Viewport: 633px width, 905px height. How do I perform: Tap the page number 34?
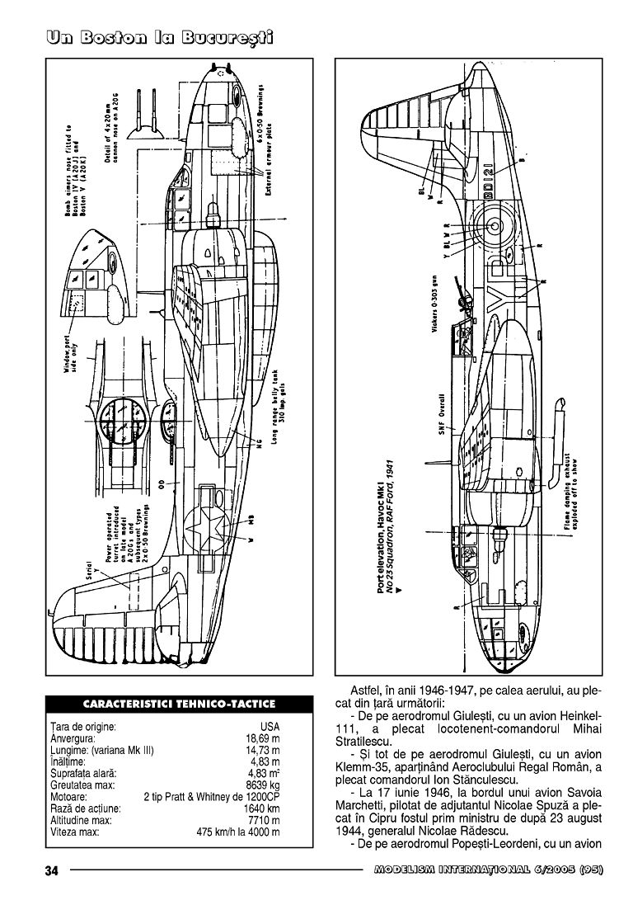(x=51, y=871)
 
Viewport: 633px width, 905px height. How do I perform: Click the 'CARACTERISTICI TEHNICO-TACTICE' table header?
(x=179, y=704)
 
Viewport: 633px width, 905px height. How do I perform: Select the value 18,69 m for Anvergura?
(x=263, y=738)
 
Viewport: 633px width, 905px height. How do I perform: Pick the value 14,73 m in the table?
(x=263, y=751)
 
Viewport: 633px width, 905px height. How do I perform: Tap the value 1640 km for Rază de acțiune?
(x=263, y=809)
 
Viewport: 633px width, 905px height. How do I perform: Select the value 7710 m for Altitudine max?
(x=265, y=821)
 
